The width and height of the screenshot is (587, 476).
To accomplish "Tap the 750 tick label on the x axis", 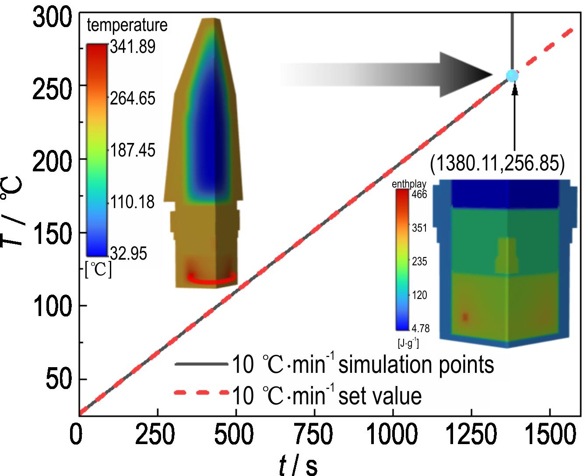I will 314,435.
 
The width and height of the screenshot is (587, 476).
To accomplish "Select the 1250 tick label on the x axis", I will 471,435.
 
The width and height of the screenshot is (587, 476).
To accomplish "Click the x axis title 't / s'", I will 298,464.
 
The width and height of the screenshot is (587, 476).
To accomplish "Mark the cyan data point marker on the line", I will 512,76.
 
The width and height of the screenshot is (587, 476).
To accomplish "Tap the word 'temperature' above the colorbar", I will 127,25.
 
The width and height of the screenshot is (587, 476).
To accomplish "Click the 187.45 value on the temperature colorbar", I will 132,150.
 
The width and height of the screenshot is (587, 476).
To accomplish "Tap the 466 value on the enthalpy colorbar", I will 419,194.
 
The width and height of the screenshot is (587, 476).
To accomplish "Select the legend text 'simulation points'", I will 416,365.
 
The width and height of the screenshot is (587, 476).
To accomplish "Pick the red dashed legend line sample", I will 201,393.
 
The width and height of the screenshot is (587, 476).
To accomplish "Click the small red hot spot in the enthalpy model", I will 465,317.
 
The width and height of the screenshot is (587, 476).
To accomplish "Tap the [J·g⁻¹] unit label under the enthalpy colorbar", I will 408,344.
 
